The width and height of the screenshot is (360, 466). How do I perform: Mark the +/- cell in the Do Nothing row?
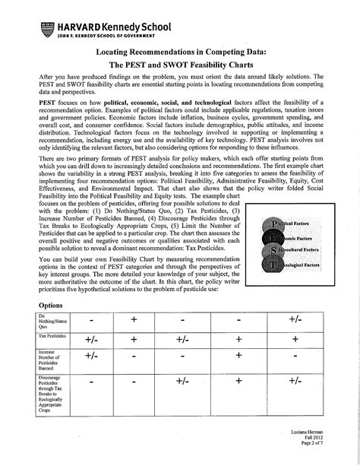click(x=295, y=319)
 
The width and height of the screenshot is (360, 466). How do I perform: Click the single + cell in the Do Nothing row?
click(x=134, y=319)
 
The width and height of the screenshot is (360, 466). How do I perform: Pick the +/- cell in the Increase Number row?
click(x=91, y=356)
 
